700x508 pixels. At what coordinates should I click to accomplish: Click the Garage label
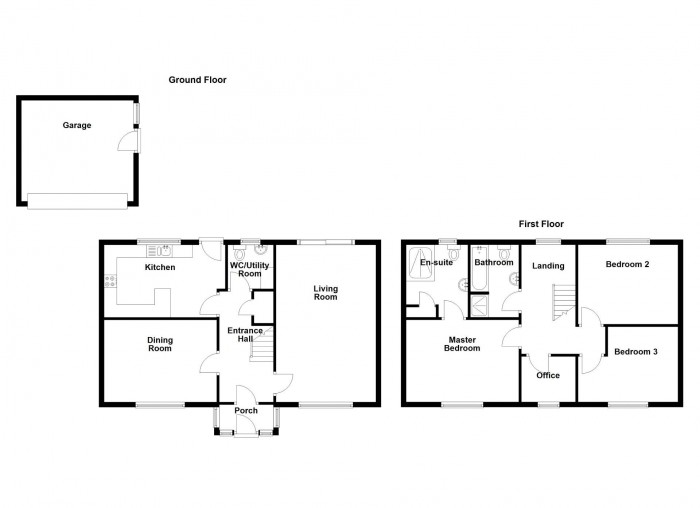coord(77,126)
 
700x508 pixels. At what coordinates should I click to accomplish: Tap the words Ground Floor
coord(197,79)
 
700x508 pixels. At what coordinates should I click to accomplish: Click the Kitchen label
coord(160,267)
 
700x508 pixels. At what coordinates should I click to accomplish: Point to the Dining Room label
coord(160,344)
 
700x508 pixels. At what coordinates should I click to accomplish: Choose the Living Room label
coord(326,293)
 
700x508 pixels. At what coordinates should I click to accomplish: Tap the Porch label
coord(246,410)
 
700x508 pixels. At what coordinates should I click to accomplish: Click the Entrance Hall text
coord(245,335)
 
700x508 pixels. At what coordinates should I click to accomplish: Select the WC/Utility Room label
coord(250,269)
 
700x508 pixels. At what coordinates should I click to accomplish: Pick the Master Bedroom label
coord(462,343)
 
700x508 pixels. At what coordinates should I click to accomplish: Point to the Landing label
coord(548,266)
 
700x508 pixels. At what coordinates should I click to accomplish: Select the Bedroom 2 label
coord(628,265)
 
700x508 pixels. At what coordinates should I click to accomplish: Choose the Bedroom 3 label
coord(636,351)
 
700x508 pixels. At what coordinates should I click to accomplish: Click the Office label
coord(548,375)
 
